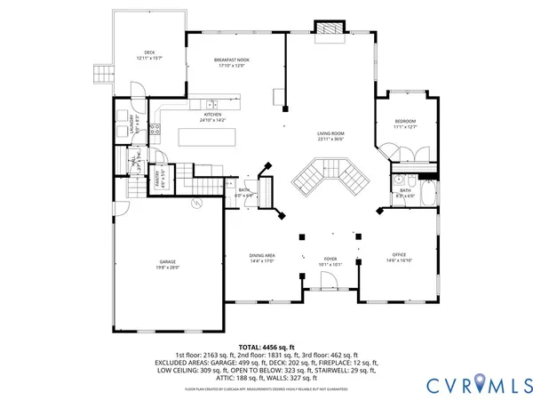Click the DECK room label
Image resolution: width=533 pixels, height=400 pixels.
tap(149, 52)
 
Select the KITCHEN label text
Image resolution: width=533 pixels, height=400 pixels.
tap(213, 115)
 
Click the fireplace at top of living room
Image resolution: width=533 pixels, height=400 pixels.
tap(330, 28)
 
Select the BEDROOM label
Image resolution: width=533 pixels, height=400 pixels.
tap(405, 122)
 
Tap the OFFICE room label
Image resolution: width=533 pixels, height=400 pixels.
tap(399, 255)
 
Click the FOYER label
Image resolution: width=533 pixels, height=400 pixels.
tap(330, 259)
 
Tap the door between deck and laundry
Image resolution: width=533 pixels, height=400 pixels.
tap(136, 91)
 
